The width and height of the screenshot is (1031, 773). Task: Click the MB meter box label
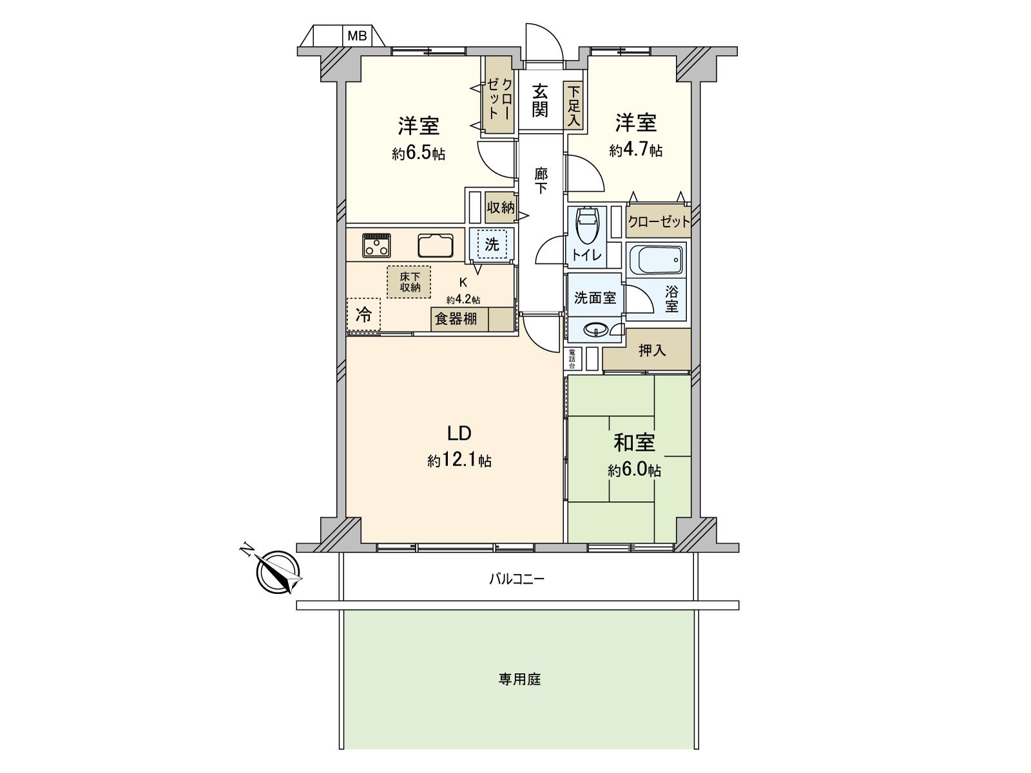[x=357, y=36]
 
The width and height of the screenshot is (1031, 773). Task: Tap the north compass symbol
[x=278, y=571]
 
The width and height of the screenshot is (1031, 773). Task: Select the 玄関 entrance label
[x=540, y=100]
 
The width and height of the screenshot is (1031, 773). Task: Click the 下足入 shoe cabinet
[x=574, y=106]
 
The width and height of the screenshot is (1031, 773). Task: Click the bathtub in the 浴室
[x=656, y=260]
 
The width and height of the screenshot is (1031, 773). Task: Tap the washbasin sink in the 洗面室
[x=595, y=331]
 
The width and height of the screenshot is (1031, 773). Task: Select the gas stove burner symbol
[x=376, y=245]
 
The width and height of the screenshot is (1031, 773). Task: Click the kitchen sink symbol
[x=436, y=245]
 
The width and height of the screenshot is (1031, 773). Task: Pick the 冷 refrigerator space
[x=363, y=315]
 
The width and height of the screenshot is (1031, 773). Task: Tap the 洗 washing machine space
[x=492, y=244]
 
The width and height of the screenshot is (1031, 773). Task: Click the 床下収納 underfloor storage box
[x=409, y=282]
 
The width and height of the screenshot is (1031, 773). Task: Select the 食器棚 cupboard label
[x=456, y=319]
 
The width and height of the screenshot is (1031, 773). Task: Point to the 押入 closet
[x=651, y=350]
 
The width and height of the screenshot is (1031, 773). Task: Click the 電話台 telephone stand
[x=572, y=359]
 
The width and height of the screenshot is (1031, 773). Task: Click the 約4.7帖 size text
[x=635, y=151]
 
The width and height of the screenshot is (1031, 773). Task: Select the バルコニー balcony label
[x=516, y=578]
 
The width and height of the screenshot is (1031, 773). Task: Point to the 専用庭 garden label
[x=519, y=680]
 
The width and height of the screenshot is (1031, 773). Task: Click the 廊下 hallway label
[x=541, y=180]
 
